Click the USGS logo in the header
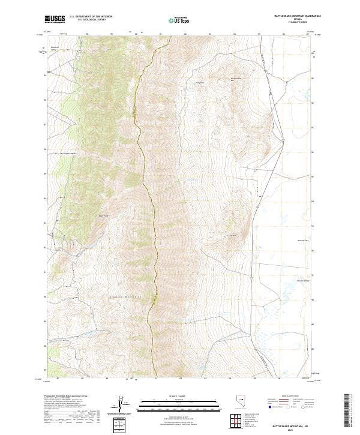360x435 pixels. pos(55,20)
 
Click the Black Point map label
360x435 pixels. pos(104,215)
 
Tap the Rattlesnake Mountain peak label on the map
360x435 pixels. pos(239,79)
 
